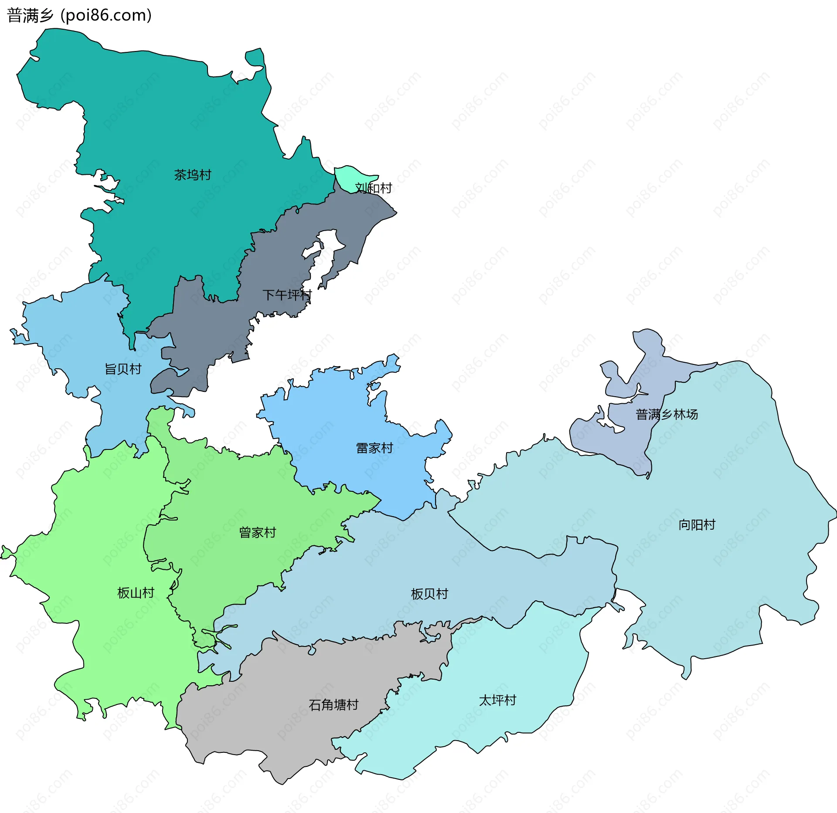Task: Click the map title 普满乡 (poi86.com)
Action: (x=79, y=16)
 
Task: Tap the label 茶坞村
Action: (x=193, y=175)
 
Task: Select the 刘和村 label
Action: (x=374, y=188)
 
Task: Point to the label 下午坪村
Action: (x=287, y=295)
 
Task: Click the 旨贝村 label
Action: (x=123, y=369)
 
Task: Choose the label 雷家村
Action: (x=374, y=448)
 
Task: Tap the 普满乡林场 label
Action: (x=667, y=414)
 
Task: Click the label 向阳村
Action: (x=697, y=524)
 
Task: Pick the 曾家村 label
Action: (x=257, y=532)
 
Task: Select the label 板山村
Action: (x=136, y=592)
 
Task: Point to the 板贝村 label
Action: (x=429, y=594)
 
